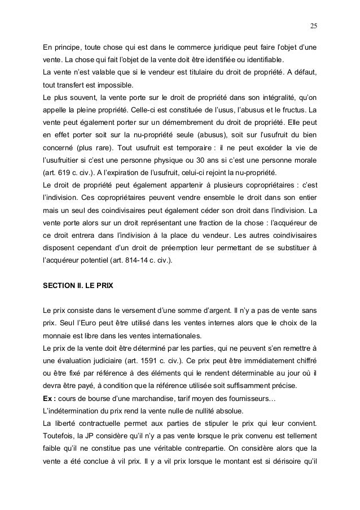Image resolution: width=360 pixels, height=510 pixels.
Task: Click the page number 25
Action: point(313,25)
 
